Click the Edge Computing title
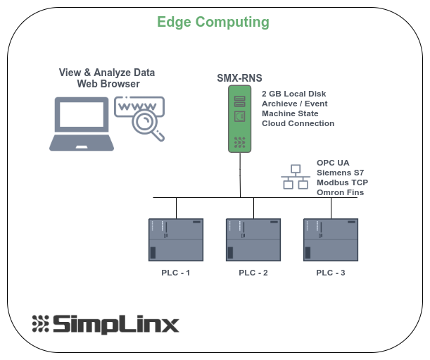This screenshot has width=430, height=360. click(x=213, y=22)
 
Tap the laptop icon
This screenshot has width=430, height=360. click(x=82, y=124)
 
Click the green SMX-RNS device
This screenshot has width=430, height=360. click(x=239, y=118)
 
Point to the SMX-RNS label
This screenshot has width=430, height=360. click(x=239, y=78)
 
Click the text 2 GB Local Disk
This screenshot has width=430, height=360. click(x=294, y=94)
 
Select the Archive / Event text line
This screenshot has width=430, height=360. click(x=295, y=104)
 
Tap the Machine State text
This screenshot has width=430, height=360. click(x=290, y=113)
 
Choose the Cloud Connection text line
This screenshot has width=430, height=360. click(x=298, y=123)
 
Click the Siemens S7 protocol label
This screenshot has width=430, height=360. click(x=340, y=173)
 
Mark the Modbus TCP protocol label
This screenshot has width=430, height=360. click(x=342, y=182)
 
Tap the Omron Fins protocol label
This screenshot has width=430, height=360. click(x=340, y=192)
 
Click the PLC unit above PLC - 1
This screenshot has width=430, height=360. click(x=176, y=240)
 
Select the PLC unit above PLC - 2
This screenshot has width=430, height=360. click(x=253, y=240)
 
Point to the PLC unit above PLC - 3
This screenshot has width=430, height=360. click(x=331, y=240)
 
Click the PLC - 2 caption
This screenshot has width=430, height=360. click(x=253, y=273)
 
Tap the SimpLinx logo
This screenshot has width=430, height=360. click(x=106, y=324)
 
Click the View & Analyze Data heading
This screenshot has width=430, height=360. click(x=108, y=73)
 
